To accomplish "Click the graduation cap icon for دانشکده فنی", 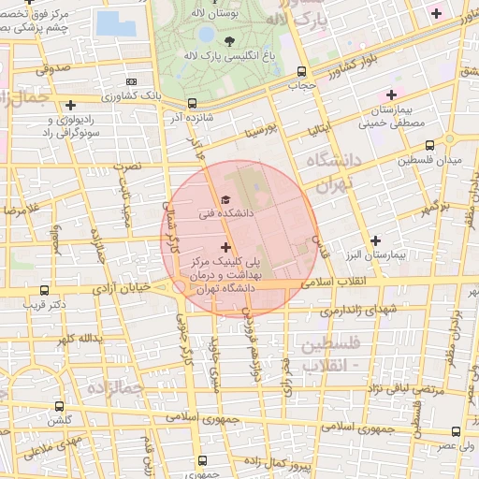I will (225, 199).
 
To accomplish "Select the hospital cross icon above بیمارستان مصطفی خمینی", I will (391, 94).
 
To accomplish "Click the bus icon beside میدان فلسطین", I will (429, 145).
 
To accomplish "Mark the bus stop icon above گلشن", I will (60, 407).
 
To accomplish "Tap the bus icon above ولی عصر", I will (456, 431).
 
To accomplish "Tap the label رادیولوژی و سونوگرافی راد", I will (48, 126).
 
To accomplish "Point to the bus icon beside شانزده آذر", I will (192, 103).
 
